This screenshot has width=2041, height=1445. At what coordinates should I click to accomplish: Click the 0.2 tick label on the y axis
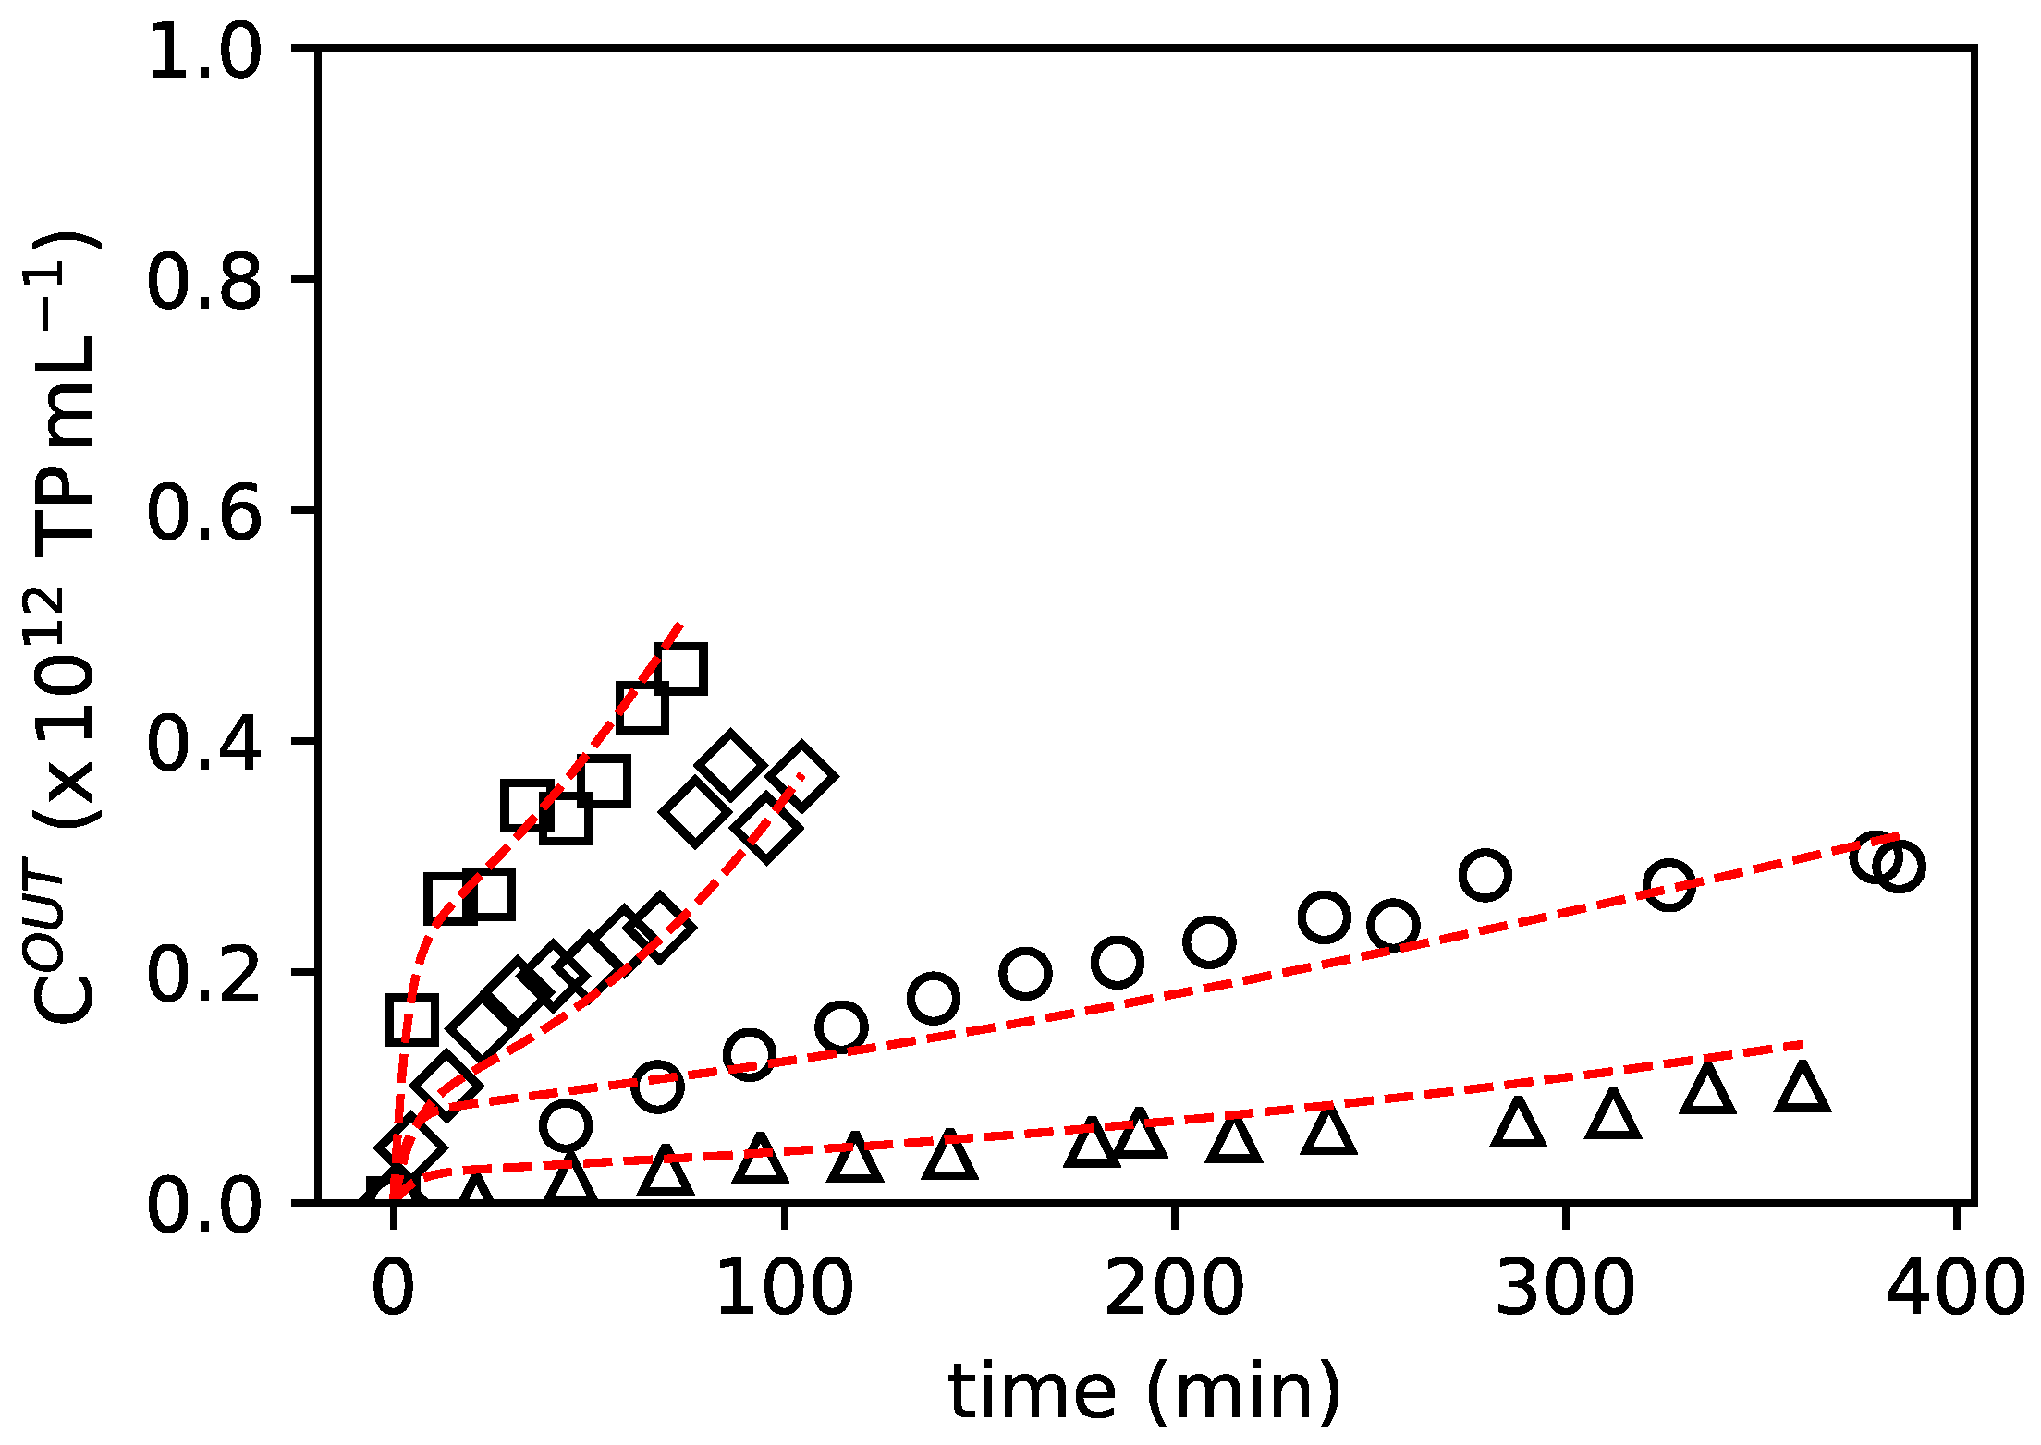204,972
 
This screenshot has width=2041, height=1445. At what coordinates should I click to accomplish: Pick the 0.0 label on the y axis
204,1204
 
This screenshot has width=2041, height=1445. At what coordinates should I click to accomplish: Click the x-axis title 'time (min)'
1144,1390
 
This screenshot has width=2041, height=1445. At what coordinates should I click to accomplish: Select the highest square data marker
681,669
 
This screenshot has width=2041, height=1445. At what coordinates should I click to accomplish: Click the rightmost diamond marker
801,774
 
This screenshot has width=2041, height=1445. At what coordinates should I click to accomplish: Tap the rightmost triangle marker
1803,1087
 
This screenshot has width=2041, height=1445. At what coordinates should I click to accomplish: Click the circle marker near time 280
1485,875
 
